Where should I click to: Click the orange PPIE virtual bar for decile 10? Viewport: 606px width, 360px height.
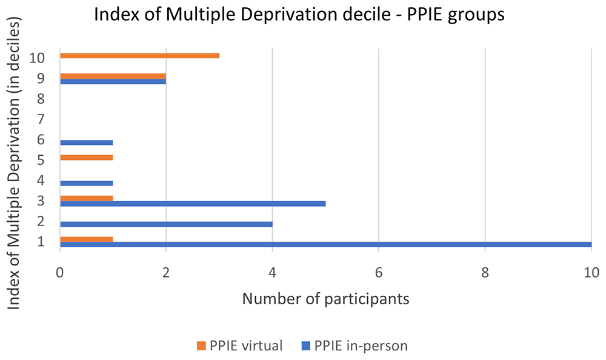139,56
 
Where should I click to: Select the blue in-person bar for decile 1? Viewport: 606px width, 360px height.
325,244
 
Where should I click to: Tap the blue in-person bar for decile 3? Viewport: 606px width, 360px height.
193,204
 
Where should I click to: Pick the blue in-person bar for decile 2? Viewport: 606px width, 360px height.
166,224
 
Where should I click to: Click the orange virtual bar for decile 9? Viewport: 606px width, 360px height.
113,76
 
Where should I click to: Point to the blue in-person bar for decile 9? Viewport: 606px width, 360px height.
113,81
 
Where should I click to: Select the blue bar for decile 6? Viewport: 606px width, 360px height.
86,142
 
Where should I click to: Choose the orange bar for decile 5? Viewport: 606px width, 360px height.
86,158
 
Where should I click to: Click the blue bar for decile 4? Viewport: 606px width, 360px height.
86,183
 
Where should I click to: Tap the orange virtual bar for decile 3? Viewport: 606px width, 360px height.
86,198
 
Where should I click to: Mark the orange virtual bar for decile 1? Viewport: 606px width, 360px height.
86,239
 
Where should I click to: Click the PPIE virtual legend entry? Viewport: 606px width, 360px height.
239,346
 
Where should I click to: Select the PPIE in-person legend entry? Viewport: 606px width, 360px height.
354,346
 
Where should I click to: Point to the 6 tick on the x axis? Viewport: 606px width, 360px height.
378,273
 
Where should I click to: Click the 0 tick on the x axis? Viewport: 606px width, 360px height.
59,273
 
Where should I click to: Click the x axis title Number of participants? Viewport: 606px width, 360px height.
325,299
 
